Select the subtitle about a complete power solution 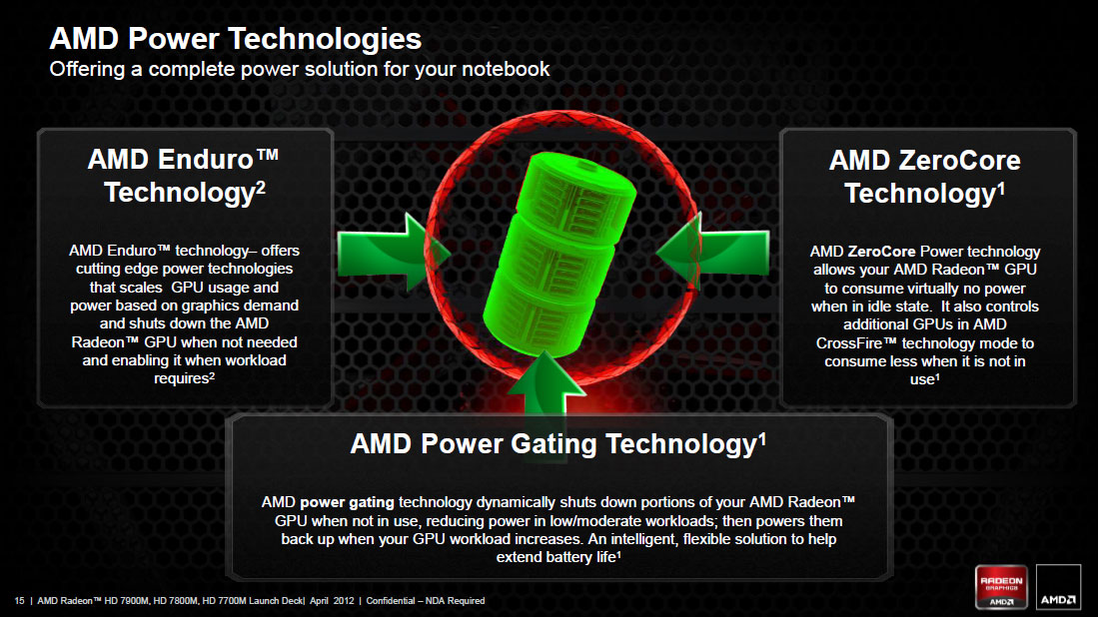300,69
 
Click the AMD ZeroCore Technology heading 924,176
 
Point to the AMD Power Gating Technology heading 557,444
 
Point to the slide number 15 19,600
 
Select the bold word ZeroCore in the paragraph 880,252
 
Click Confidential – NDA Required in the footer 426,600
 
